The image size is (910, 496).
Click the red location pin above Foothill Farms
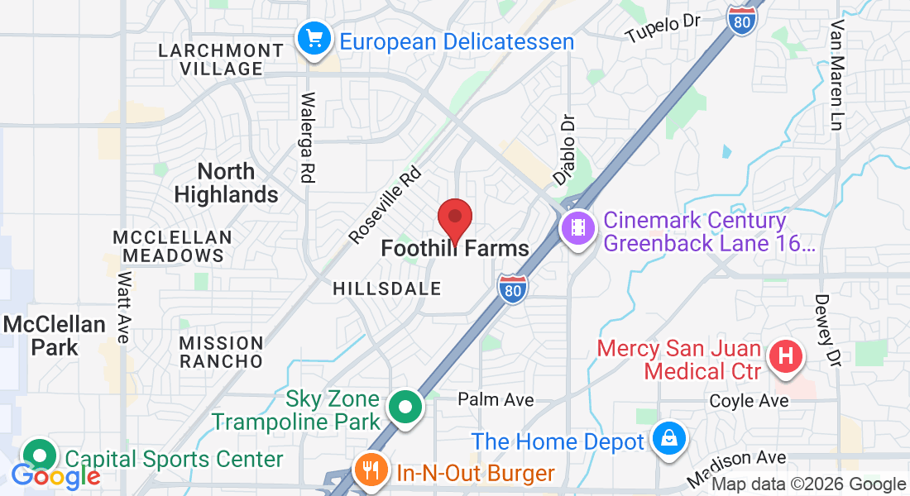(454, 219)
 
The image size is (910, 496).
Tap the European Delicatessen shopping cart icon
(314, 39)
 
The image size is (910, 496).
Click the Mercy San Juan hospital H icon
(786, 357)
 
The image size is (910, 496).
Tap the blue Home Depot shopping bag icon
(667, 439)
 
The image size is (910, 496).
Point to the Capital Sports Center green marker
(39, 455)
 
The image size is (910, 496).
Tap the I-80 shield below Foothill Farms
(513, 289)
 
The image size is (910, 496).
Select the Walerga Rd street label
(308, 136)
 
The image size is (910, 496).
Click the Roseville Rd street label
(386, 206)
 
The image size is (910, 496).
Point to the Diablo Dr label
(564, 149)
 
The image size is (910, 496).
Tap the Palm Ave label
(496, 399)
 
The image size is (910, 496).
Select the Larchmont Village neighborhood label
(221, 60)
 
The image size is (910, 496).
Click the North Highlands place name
(226, 183)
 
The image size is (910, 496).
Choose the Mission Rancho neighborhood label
(222, 352)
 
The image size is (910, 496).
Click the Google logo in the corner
(55, 476)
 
